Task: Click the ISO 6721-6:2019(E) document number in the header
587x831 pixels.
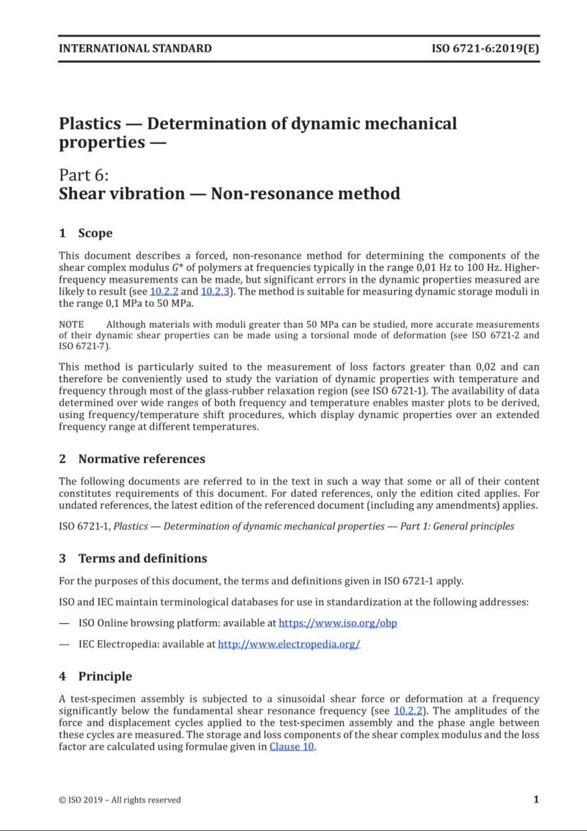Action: point(485,48)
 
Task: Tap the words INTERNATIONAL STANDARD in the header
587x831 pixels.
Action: point(135,48)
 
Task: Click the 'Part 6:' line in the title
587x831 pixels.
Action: point(83,175)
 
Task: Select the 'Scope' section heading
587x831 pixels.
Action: point(95,233)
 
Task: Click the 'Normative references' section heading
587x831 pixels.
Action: point(141,459)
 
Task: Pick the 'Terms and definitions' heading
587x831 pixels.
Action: point(142,558)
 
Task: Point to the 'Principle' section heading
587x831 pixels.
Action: point(105,676)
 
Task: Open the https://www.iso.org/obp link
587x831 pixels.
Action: point(338,623)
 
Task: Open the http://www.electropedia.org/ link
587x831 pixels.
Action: point(289,644)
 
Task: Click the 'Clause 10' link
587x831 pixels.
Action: point(292,747)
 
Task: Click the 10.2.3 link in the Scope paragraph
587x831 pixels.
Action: point(215,291)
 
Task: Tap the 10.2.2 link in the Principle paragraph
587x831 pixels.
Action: point(408,711)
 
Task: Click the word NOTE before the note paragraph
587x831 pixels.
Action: point(71,325)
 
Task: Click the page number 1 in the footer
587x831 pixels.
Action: point(536,799)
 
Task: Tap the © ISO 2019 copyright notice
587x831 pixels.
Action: point(119,800)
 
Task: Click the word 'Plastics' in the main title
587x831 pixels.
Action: point(90,123)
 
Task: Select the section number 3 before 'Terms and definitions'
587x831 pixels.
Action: point(63,558)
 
